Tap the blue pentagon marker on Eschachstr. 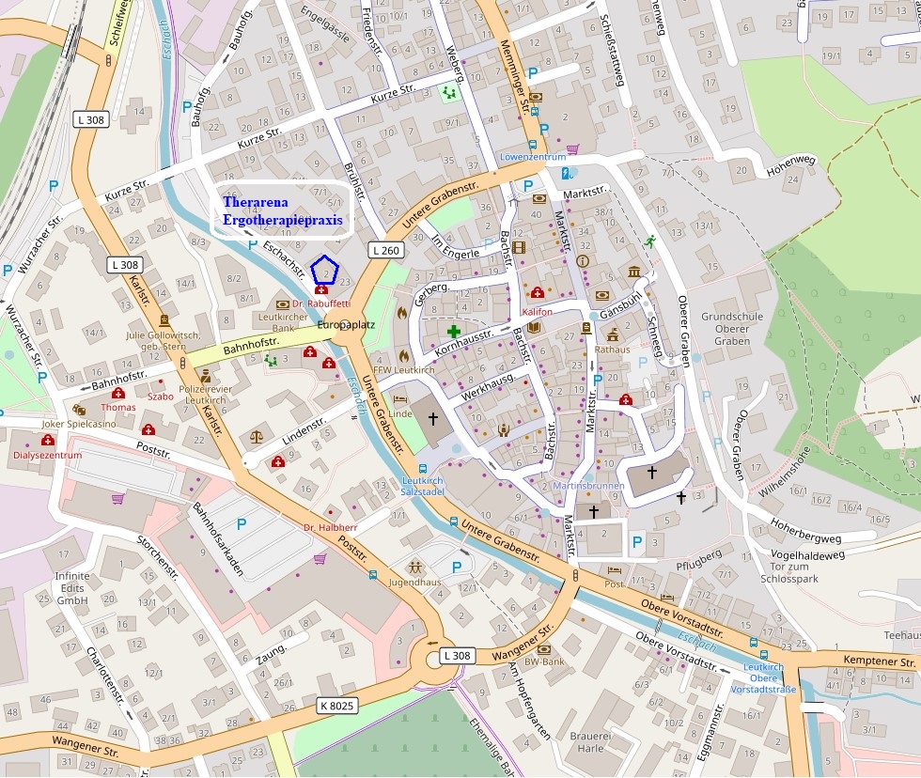point(324,270)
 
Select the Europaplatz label point(347,325)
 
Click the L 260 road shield point(386,250)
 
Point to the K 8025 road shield point(337,705)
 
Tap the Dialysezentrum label point(48,456)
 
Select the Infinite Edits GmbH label point(71,587)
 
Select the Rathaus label point(612,350)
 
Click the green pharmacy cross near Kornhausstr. point(454,332)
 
